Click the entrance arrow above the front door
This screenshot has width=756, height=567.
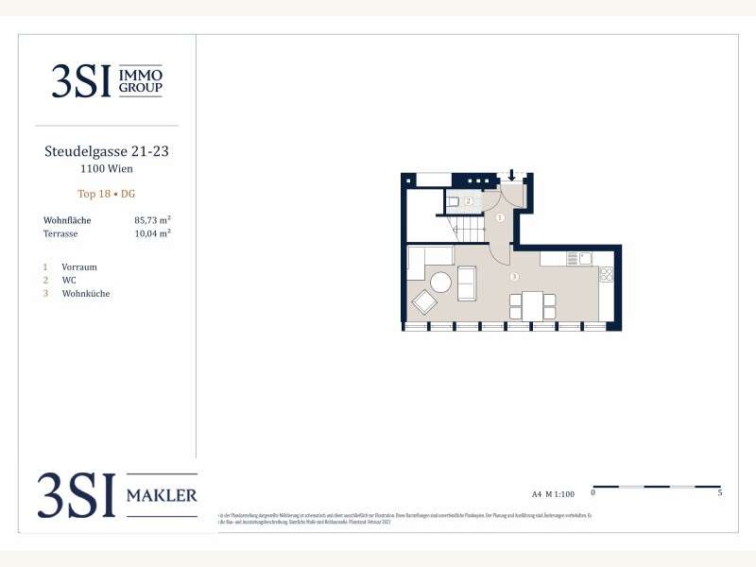(x=511, y=175)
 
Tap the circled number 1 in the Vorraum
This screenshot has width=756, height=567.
(x=500, y=217)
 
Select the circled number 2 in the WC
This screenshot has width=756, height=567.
(x=467, y=201)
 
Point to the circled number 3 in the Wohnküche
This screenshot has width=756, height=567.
(x=513, y=277)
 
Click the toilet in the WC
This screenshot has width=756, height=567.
(x=454, y=201)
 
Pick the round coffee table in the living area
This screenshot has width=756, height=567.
(x=441, y=282)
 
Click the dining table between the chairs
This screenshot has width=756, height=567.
(x=532, y=305)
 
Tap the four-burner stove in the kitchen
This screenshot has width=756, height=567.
(x=606, y=275)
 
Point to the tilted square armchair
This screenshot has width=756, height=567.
(x=424, y=302)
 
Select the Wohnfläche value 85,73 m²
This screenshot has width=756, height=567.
(x=152, y=220)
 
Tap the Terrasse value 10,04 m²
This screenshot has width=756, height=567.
(x=152, y=233)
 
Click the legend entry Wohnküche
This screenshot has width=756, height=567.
(x=85, y=294)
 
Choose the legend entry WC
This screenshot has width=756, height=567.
(x=68, y=281)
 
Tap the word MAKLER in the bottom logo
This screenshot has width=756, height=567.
(x=162, y=495)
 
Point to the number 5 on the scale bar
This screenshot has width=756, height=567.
(x=720, y=492)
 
